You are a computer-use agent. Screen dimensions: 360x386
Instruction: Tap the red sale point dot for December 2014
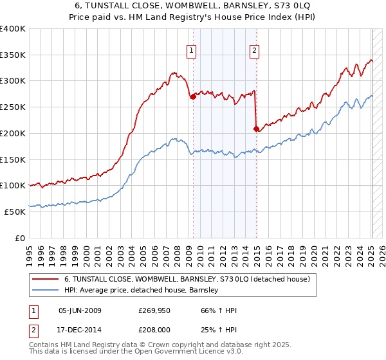tap(257, 129)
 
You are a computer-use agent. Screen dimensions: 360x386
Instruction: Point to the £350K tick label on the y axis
tap(13, 55)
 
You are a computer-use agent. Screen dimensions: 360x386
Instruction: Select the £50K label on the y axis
tap(15, 212)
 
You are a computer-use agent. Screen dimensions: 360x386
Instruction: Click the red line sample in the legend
tap(44, 279)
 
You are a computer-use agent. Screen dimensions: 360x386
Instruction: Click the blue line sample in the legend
tap(44, 290)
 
